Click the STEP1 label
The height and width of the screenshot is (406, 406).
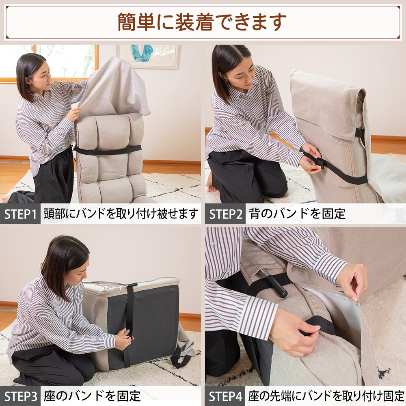coord(20,214)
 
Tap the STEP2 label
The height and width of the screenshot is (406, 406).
coord(225,214)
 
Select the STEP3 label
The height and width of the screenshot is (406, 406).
coord(20,396)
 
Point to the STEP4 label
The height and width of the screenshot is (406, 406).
coord(225,396)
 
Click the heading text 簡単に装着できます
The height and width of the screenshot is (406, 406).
coord(202,22)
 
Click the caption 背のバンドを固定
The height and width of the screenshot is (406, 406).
coord(297,214)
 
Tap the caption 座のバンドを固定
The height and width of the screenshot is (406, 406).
coord(92,396)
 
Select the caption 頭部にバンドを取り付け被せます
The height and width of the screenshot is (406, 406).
coord(121,214)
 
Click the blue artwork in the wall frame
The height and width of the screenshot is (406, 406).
coord(142,53)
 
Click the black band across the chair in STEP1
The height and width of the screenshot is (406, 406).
coord(108,150)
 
